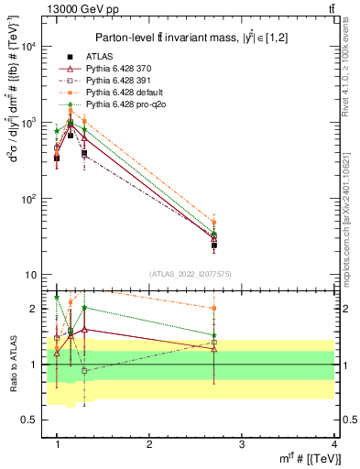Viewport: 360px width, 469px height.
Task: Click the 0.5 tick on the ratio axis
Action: point(29,420)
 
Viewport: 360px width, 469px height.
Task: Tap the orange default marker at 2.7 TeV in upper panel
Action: point(214,223)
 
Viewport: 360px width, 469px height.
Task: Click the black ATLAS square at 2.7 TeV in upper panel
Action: point(214,245)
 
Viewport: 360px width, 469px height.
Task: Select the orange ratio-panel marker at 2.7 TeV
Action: point(214,309)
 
